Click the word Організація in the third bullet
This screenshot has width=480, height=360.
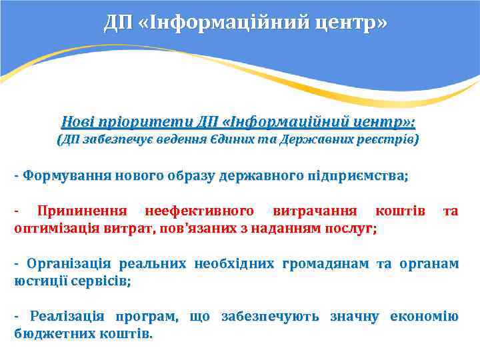[x=63, y=263]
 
